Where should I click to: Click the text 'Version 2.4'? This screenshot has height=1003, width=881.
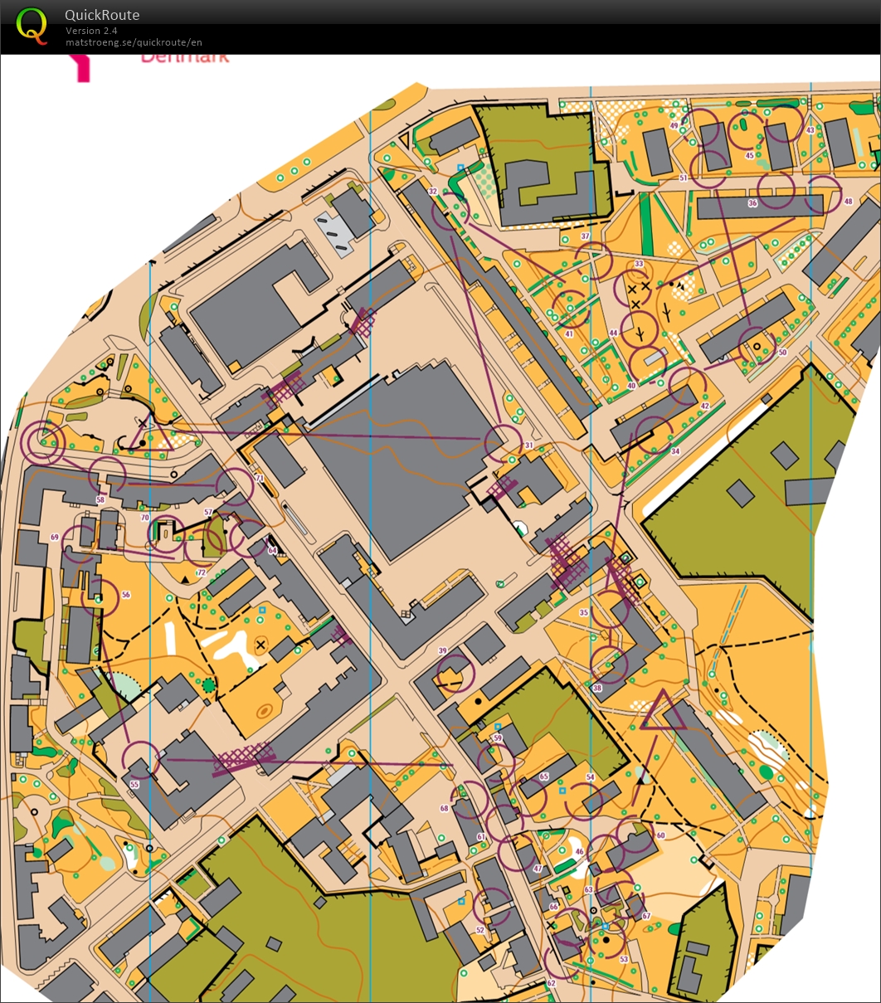pyautogui.click(x=92, y=31)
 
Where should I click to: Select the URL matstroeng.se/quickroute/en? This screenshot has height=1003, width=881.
pyautogui.click(x=134, y=42)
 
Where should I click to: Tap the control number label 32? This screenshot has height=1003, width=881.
pyautogui.click(x=432, y=192)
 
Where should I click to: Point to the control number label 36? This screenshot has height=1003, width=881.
pyautogui.click(x=752, y=203)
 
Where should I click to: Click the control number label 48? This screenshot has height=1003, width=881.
pyautogui.click(x=848, y=202)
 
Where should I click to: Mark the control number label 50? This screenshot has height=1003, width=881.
pyautogui.click(x=782, y=353)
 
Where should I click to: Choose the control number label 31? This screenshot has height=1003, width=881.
pyautogui.click(x=528, y=446)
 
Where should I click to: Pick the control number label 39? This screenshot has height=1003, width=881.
pyautogui.click(x=442, y=650)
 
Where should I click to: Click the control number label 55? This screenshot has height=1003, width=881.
pyautogui.click(x=134, y=784)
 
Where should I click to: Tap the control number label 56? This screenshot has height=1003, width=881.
pyautogui.click(x=126, y=595)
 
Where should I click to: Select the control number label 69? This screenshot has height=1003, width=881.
pyautogui.click(x=55, y=538)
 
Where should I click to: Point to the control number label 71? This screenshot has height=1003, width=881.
pyautogui.click(x=260, y=480)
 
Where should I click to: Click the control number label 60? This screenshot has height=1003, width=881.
pyautogui.click(x=660, y=835)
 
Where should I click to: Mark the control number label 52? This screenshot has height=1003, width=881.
pyautogui.click(x=480, y=930)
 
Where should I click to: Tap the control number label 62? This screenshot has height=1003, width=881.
pyautogui.click(x=551, y=983)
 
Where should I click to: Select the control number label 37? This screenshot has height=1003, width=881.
pyautogui.click(x=585, y=236)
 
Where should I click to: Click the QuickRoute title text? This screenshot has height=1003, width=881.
pyautogui.click(x=102, y=15)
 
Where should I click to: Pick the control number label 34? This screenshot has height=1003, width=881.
pyautogui.click(x=675, y=451)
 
